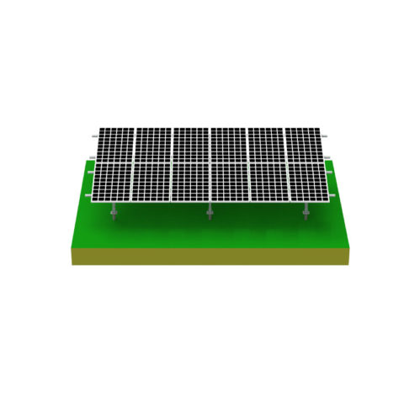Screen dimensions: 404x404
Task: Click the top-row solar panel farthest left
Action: (114, 145)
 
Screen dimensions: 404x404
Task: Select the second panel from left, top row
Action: (152, 145)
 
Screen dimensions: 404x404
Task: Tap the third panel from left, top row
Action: (191, 145)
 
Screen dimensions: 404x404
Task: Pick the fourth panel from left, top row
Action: (229, 145)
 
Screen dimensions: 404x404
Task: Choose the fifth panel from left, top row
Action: (267, 145)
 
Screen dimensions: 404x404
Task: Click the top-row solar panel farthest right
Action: (304, 145)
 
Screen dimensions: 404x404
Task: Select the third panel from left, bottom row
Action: (191, 183)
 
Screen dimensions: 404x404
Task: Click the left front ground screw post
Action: (114, 216)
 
